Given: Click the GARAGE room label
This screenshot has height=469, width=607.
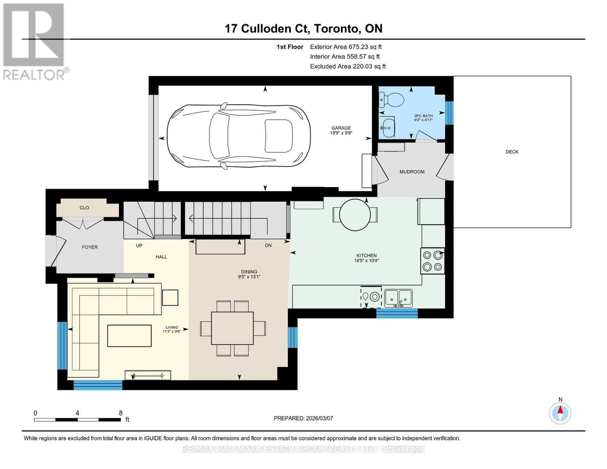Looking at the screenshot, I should pyautogui.click(x=341, y=128).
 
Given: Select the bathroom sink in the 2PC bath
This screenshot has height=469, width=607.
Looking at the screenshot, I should pyautogui.click(x=388, y=127).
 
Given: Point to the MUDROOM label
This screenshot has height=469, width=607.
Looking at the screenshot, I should pyautogui.click(x=412, y=172).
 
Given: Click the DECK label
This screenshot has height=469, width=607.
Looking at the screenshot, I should pyautogui.click(x=512, y=152).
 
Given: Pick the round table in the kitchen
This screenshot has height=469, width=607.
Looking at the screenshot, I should pyautogui.click(x=355, y=215).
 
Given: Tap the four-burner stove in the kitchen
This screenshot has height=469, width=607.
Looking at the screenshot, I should pyautogui.click(x=432, y=261).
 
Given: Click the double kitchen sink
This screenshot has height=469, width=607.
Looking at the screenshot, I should pyautogui.click(x=398, y=298).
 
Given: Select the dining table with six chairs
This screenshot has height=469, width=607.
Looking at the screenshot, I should pyautogui.click(x=232, y=328).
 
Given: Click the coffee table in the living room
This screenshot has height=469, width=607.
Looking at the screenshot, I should pyautogui.click(x=129, y=336).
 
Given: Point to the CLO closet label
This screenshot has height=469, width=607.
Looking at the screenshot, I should pyautogui.click(x=84, y=208).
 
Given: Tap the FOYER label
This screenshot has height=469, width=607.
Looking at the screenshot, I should pyautogui.click(x=90, y=247).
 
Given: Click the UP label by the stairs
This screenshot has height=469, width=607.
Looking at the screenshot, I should pyautogui.click(x=139, y=245).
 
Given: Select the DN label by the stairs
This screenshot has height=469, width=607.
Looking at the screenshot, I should pyautogui.click(x=268, y=245).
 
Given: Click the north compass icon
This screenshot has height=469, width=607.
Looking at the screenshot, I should pyautogui.click(x=560, y=413).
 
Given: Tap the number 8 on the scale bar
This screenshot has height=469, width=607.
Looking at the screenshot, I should pyautogui.click(x=120, y=413).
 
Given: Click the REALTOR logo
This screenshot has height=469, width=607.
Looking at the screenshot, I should pyautogui.click(x=34, y=41).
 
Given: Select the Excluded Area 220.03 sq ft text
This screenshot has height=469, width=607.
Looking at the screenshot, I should pyautogui.click(x=347, y=66).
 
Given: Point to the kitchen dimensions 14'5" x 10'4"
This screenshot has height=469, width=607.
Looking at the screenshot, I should pyautogui.click(x=366, y=261).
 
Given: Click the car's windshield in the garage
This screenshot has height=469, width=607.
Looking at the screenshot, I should pyautogui.click(x=220, y=134).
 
